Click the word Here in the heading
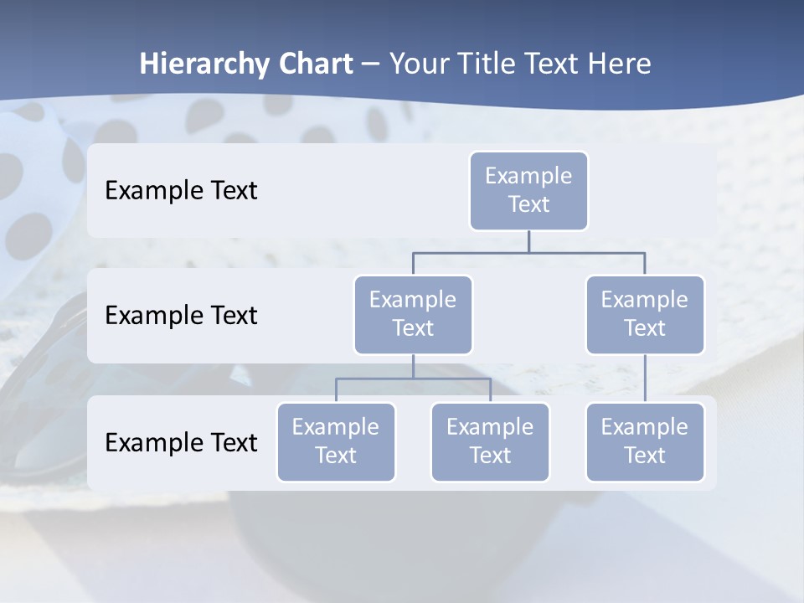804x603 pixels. click(619, 64)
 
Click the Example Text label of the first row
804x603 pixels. click(181, 191)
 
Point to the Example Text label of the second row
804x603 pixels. click(181, 316)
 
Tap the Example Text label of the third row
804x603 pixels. click(181, 442)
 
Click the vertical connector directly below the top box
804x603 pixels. click(528, 241)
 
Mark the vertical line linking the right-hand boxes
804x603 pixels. click(645, 379)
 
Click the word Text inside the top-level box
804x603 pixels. click(528, 204)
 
